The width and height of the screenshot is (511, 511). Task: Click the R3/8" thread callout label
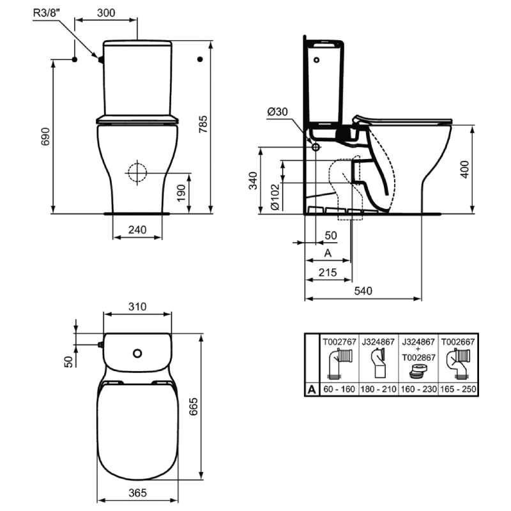(x=47, y=13)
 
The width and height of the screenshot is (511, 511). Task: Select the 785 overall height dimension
(x=203, y=124)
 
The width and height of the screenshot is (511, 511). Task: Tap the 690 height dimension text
(x=45, y=137)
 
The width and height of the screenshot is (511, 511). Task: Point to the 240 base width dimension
(x=137, y=230)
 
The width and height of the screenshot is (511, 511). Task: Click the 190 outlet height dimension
(x=181, y=194)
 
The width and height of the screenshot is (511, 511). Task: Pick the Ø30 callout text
(x=277, y=112)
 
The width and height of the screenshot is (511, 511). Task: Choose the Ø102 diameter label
(x=275, y=197)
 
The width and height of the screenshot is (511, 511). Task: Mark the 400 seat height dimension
(x=464, y=169)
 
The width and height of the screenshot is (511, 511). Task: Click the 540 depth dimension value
(x=363, y=291)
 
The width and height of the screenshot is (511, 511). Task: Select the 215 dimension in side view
(x=328, y=273)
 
